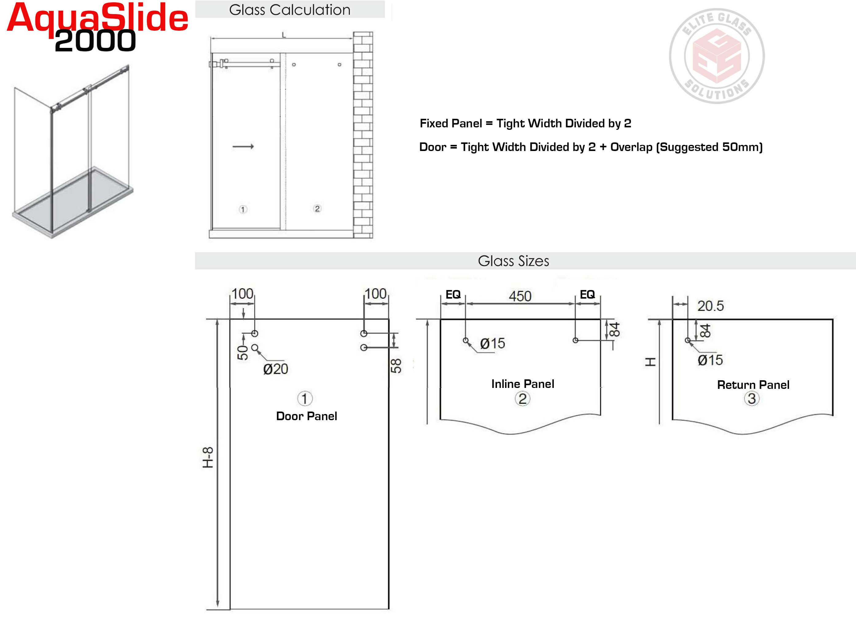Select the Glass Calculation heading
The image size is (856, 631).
pos(290,10)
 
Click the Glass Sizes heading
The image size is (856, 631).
pos(513,261)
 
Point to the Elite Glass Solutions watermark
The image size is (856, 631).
pos(717,56)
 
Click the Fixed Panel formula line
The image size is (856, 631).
pos(525,123)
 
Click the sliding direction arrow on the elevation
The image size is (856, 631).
pos(243,146)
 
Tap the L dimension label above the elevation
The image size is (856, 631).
pos(284,35)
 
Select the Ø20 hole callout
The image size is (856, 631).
pos(276,369)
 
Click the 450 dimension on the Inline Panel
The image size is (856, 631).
pos(520,296)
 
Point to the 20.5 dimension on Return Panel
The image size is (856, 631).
pos(710,306)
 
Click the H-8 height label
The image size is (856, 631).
pos(208,457)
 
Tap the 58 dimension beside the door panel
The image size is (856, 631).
pos(396,366)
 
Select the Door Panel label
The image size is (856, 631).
pos(307,416)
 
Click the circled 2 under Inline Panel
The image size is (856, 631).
pos(522,399)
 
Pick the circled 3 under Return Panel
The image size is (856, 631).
pos(752,399)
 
